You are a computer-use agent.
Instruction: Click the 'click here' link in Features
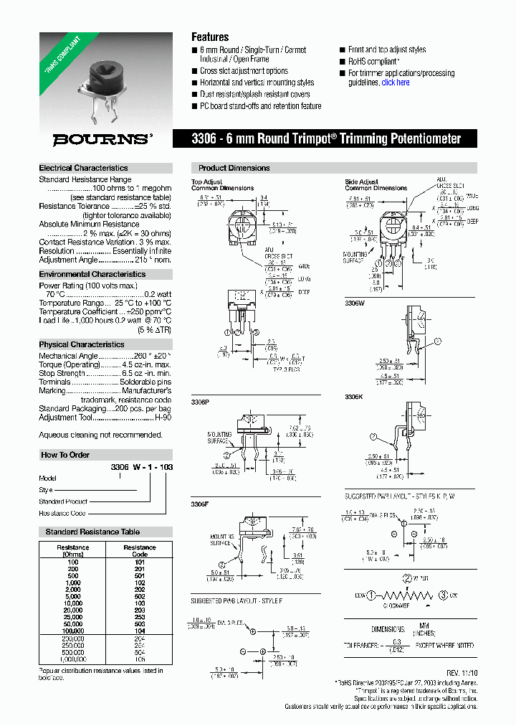pos(396,82)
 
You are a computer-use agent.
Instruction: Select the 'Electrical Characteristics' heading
pos(84,168)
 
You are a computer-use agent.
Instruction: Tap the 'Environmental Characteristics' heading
pos(92,274)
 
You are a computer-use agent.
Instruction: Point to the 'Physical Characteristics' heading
pos(82,344)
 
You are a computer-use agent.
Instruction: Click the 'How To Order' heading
pos(65,455)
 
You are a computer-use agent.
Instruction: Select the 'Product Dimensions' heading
pos(234,168)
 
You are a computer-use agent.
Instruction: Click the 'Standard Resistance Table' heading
pos(92,532)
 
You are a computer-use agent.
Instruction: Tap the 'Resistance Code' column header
pos(140,551)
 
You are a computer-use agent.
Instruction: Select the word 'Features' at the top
pos(210,37)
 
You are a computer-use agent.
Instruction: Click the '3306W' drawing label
pos(355,303)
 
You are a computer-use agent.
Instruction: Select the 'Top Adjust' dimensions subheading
pos(207,182)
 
